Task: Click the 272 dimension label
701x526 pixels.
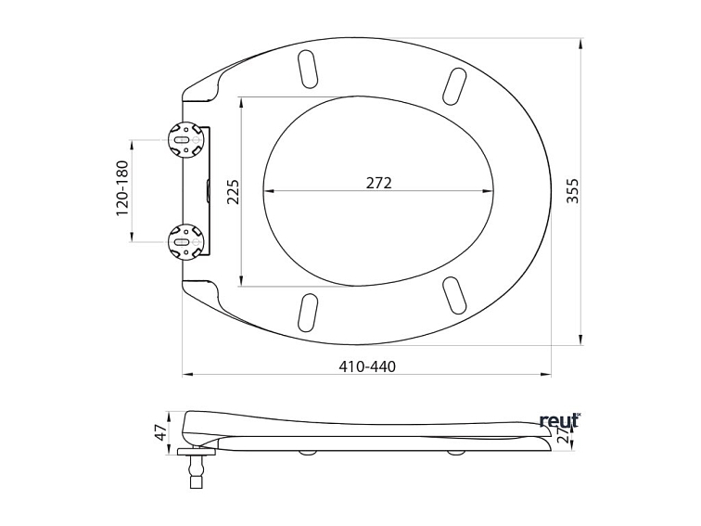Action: tap(378, 183)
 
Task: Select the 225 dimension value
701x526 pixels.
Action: tap(233, 192)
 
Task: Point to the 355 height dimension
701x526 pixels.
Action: tap(572, 191)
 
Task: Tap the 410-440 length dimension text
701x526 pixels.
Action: tap(367, 366)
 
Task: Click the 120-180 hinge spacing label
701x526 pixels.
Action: tap(122, 188)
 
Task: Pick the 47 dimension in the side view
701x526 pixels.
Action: tap(160, 433)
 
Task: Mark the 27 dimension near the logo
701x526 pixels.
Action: tap(564, 434)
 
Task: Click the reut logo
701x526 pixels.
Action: tap(559, 420)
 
